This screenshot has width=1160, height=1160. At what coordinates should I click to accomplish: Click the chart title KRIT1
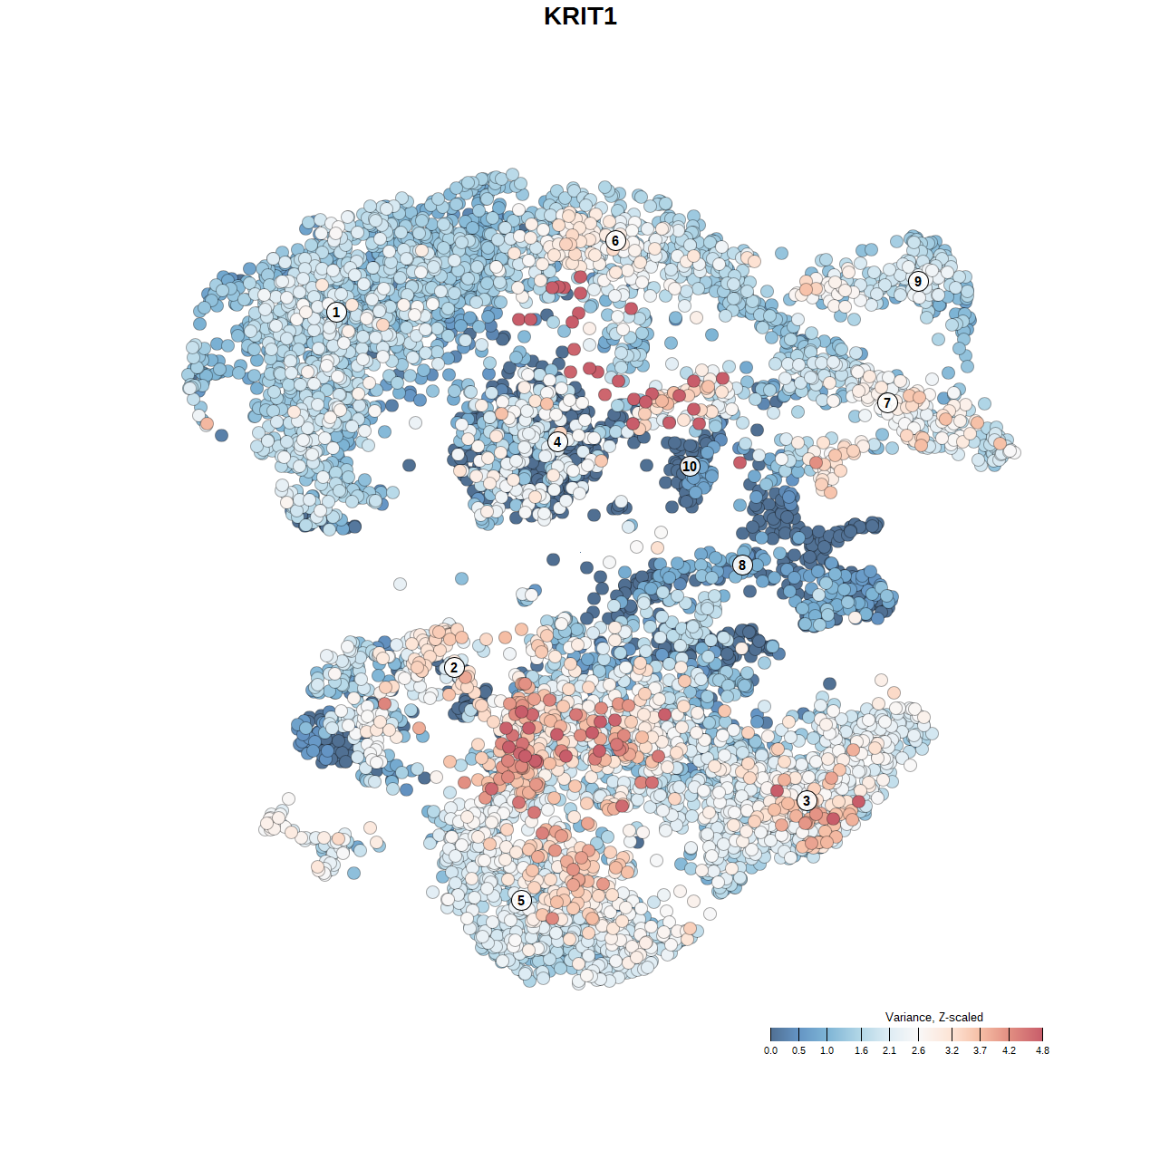pyautogui.click(x=580, y=16)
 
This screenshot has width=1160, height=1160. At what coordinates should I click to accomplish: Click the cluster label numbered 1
pyautogui.click(x=336, y=312)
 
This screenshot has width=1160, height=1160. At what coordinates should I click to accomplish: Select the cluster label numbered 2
pyautogui.click(x=454, y=668)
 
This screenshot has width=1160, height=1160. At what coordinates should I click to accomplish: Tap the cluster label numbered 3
pyautogui.click(x=807, y=800)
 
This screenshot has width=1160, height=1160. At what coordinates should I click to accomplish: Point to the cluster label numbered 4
pyautogui.click(x=557, y=442)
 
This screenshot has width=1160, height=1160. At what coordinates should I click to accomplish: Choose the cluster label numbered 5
pyautogui.click(x=521, y=900)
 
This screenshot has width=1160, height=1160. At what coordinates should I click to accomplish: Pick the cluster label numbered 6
pyautogui.click(x=615, y=240)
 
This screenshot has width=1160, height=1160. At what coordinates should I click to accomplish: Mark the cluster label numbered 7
pyautogui.click(x=887, y=403)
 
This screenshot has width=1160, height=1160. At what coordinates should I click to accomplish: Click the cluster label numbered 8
pyautogui.click(x=742, y=565)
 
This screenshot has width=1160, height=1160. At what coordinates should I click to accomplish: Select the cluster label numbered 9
pyautogui.click(x=918, y=281)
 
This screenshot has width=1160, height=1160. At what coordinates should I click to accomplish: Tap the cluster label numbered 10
pyautogui.click(x=690, y=466)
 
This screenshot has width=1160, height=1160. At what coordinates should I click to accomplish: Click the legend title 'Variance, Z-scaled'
pyautogui.click(x=933, y=1017)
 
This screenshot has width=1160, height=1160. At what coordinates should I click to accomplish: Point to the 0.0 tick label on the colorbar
pyautogui.click(x=770, y=1050)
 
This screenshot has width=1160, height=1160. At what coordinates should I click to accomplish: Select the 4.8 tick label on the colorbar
pyautogui.click(x=1042, y=1050)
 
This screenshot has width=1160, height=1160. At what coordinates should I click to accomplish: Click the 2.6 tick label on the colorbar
pyautogui.click(x=918, y=1050)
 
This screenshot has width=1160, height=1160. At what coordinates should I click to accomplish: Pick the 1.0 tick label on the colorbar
pyautogui.click(x=826, y=1050)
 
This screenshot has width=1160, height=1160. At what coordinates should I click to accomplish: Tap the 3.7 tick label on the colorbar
pyautogui.click(x=980, y=1050)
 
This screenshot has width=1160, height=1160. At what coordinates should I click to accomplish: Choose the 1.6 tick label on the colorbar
pyautogui.click(x=861, y=1050)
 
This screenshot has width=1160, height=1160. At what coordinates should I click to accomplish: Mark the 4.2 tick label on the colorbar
pyautogui.click(x=1009, y=1050)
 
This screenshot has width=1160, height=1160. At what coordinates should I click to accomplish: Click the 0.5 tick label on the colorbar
pyautogui.click(x=798, y=1050)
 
